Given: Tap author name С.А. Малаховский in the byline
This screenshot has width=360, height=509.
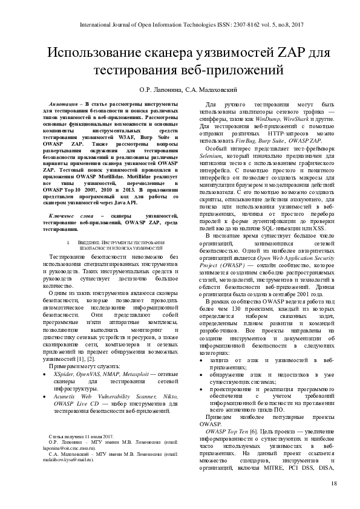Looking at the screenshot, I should [213, 88].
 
